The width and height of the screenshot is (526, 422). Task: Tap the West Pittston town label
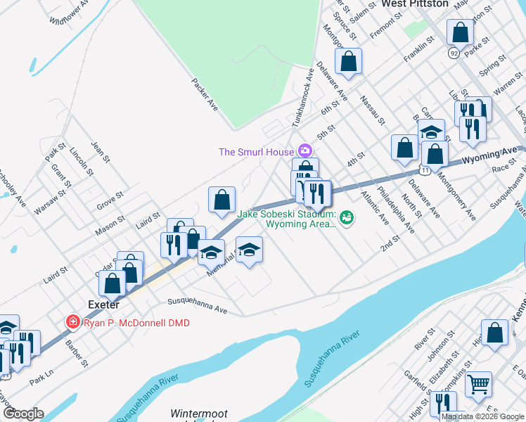(415, 4)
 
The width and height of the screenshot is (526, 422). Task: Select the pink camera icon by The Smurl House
(305, 151)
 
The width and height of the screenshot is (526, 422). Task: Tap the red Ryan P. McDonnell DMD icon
(72, 322)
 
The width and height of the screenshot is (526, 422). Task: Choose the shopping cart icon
(479, 384)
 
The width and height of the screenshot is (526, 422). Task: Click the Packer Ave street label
(205, 93)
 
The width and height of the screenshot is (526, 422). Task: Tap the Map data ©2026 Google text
(483, 417)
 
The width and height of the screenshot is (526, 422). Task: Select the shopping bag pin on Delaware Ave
(348, 61)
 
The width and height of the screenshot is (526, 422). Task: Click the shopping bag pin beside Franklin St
(460, 32)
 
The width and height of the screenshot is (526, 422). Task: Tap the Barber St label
(78, 354)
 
